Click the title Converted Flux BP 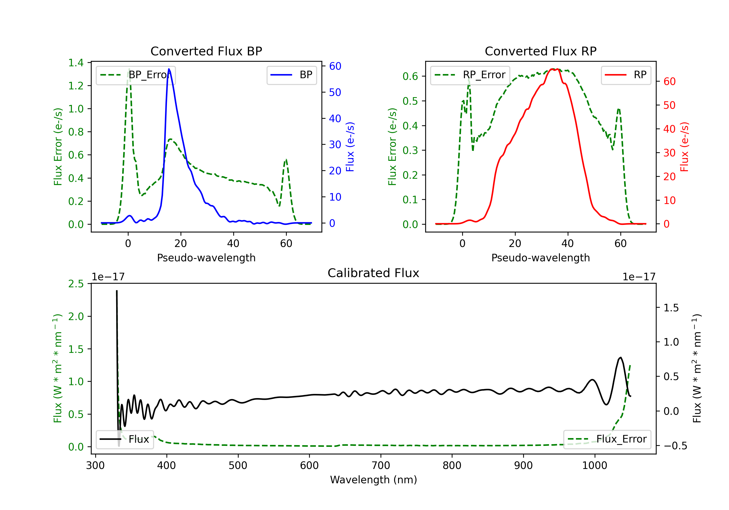point(206,51)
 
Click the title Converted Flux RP point(540,51)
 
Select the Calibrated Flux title point(373,273)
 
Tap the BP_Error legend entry point(136,75)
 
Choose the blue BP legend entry point(291,75)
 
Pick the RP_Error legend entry point(470,75)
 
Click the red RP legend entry point(626,75)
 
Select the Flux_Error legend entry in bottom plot point(607,439)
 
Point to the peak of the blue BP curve point(169,69)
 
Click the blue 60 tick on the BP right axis point(335,66)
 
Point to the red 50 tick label point(669,105)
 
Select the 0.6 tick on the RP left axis point(410,76)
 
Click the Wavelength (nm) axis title point(373,480)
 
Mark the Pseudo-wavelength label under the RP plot point(540,258)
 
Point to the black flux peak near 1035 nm point(621,357)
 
